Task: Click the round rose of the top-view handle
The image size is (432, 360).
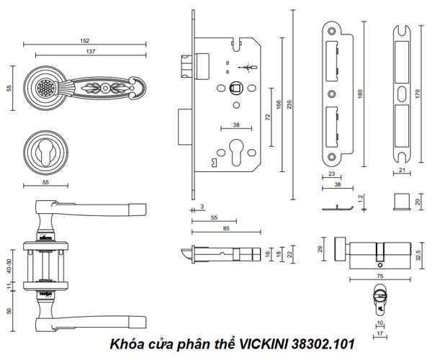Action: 43,88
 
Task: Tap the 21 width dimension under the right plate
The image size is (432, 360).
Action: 403,170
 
